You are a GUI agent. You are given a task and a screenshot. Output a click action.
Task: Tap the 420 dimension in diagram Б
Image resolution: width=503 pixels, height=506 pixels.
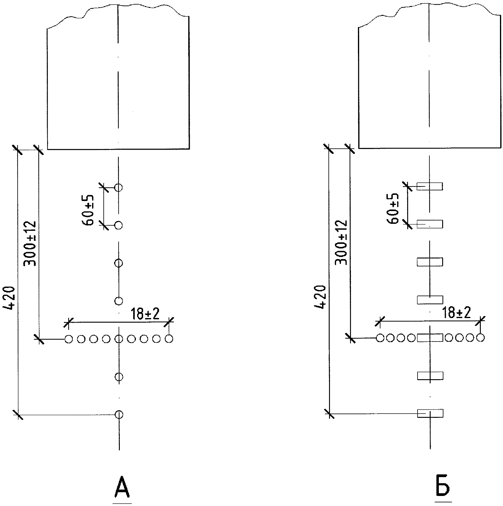[320, 297]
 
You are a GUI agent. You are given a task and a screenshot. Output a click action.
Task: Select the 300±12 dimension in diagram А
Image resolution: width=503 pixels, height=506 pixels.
[30, 243]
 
